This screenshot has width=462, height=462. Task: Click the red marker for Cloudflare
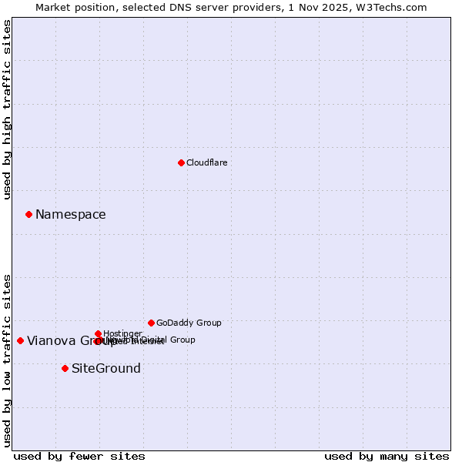pyautogui.click(x=181, y=162)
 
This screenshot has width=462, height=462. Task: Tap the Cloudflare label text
pyautogui.click(x=206, y=162)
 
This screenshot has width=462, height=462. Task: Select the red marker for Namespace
pyautogui.click(x=28, y=214)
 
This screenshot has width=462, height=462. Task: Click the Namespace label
pyautogui.click(x=71, y=215)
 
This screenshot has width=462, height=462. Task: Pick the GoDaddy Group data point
pyautogui.click(x=151, y=323)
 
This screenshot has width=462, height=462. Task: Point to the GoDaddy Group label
pyautogui.click(x=189, y=323)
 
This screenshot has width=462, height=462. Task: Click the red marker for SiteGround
pyautogui.click(x=65, y=368)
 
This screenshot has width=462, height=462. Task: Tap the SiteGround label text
pyautogui.click(x=106, y=369)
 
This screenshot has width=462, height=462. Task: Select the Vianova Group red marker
pyautogui.click(x=20, y=340)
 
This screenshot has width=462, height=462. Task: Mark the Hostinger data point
pyautogui.click(x=98, y=333)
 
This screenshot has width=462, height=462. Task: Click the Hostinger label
pyautogui.click(x=122, y=333)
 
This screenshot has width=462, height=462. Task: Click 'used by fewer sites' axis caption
pyautogui.click(x=79, y=456)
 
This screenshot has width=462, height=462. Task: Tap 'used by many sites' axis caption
pyautogui.click(x=387, y=456)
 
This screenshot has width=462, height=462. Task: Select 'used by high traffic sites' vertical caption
pyautogui.click(x=8, y=109)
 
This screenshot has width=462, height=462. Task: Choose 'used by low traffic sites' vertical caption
pyautogui.click(x=8, y=360)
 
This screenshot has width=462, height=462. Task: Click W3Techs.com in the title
pyautogui.click(x=396, y=7)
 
